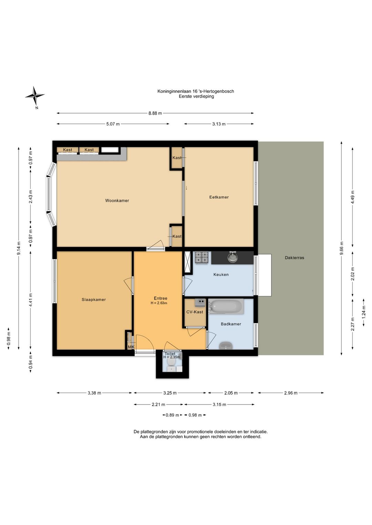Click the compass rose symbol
[x=35, y=96]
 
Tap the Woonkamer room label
[x=117, y=201]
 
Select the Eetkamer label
[x=219, y=197]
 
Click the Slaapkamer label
[x=94, y=300]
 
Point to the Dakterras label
[x=294, y=258]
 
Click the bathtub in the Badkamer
[x=226, y=306]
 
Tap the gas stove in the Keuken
[x=201, y=258]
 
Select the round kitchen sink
[x=232, y=257]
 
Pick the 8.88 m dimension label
[x=155, y=113]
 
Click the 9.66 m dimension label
[x=341, y=248]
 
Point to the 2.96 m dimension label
[x=291, y=393]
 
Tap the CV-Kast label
[x=195, y=312]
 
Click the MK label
[x=131, y=347]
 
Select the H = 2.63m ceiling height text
[x=159, y=303]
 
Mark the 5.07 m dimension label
[x=113, y=124]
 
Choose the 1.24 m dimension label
[x=364, y=312]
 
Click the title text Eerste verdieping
[x=196, y=96]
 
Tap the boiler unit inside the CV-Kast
[x=200, y=303]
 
